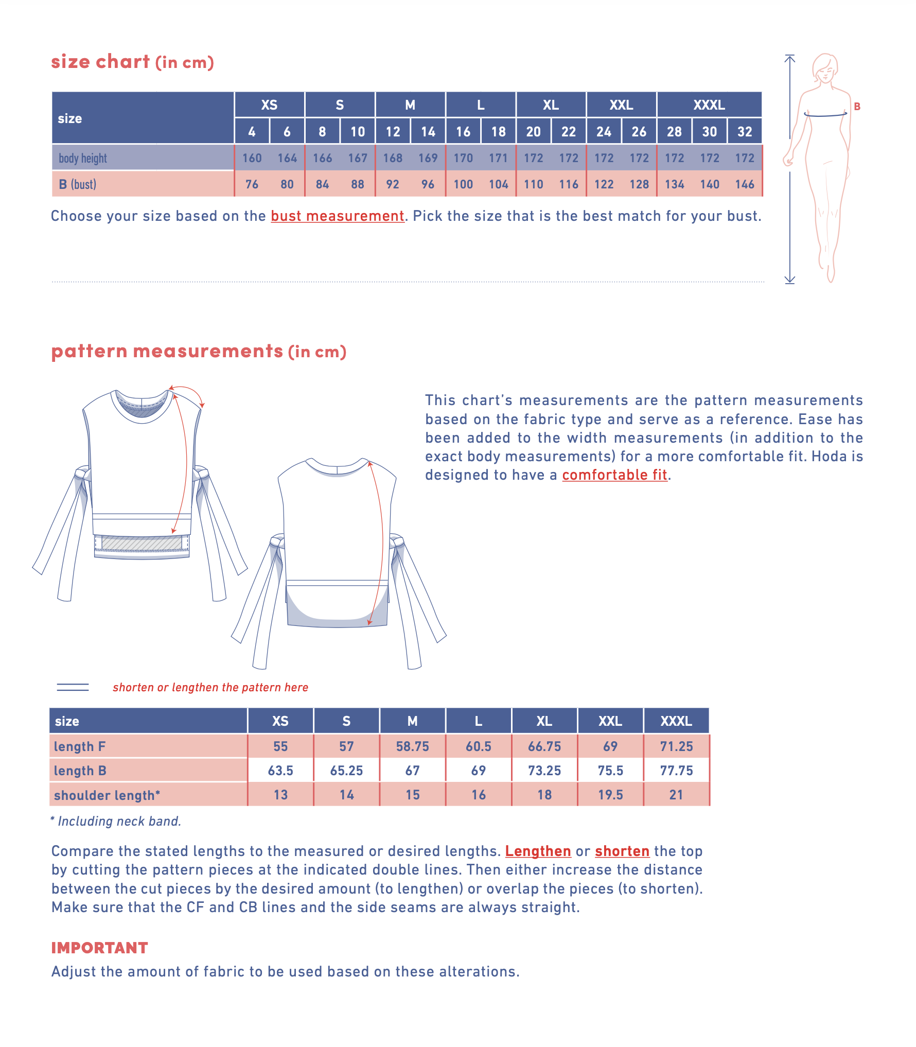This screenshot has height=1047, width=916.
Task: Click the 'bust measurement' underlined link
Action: coord(338,216)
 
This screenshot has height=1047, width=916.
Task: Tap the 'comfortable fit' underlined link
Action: coord(614,475)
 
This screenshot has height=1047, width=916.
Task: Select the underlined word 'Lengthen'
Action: coord(538,851)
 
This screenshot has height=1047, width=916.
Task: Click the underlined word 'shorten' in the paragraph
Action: coord(622,851)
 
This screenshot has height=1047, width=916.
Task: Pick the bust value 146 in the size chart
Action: coord(745,184)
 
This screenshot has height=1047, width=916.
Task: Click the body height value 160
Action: coord(252,158)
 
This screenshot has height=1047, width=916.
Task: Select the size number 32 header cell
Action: coord(745,132)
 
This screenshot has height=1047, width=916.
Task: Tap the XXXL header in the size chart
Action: coord(709,105)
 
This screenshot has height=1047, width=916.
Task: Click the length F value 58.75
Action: coord(412,746)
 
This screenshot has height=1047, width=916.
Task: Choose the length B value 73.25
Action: coord(544,771)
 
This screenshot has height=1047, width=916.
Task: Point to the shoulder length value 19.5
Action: coord(610,795)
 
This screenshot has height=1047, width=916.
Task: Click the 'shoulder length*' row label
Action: coord(107,795)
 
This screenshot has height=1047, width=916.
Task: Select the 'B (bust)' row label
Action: coord(78,184)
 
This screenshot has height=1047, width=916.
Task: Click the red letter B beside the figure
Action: coord(857,107)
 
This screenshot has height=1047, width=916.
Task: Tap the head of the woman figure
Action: coord(825,67)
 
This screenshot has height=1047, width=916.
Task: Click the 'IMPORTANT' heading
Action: coord(99,948)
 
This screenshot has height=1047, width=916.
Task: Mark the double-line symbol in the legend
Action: coord(73,687)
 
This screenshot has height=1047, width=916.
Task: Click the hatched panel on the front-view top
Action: coord(142,543)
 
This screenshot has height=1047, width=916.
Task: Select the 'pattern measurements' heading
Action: coord(167,351)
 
